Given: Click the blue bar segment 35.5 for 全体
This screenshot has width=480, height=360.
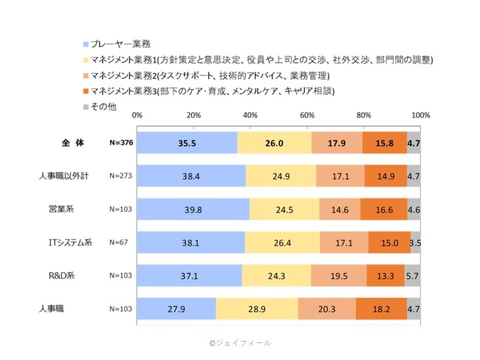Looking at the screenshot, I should pos(187,144).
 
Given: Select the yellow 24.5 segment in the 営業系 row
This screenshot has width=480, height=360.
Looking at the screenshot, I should pos(284,209).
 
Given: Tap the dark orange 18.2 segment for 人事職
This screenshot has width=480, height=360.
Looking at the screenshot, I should pos(380,308).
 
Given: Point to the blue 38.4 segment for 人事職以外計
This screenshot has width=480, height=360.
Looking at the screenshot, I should pos(191,176).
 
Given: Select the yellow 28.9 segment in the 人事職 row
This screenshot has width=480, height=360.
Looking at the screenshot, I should pos(257,308).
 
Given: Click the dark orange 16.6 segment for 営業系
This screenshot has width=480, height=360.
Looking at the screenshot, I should pos(383,209).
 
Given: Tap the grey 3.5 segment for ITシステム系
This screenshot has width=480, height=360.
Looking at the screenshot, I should pos(416,242).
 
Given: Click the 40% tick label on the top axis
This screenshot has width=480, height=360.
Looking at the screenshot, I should pos(250,116).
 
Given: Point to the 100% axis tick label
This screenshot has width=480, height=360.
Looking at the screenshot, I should pos(419,116).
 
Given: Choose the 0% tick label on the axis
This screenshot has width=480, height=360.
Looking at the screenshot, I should pos(137,116).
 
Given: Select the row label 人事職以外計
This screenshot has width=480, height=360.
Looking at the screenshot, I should pos(63,176).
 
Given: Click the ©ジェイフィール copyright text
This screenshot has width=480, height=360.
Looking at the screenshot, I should pos(239,342).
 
